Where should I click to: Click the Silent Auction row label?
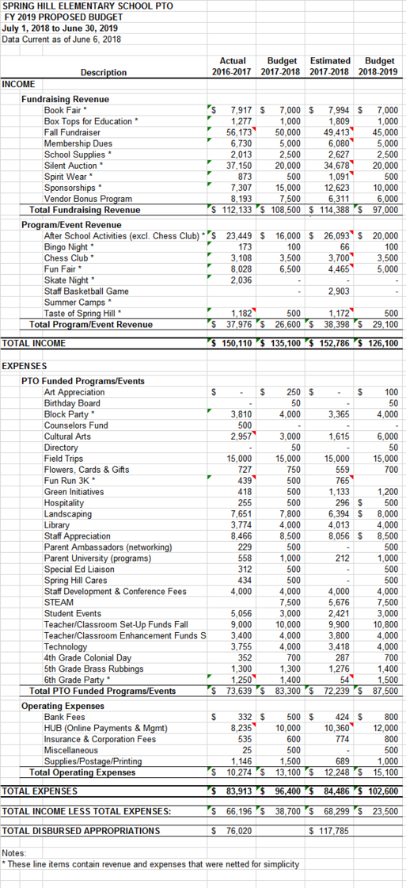click(x=74, y=166)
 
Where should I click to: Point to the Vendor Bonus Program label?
click(x=88, y=199)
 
